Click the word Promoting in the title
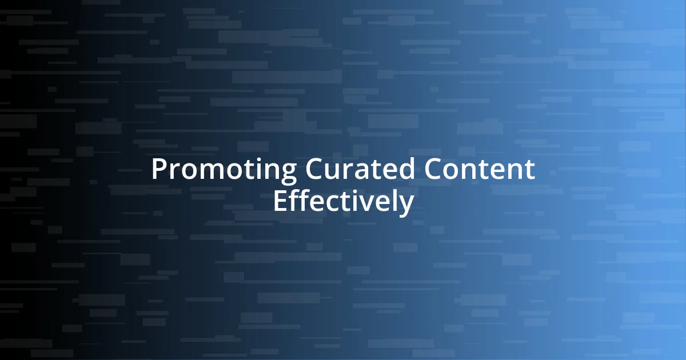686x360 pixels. tap(224, 170)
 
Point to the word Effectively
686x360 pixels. tap(343, 201)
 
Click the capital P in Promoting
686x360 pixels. tap(159, 170)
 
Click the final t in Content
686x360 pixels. tap(529, 170)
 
